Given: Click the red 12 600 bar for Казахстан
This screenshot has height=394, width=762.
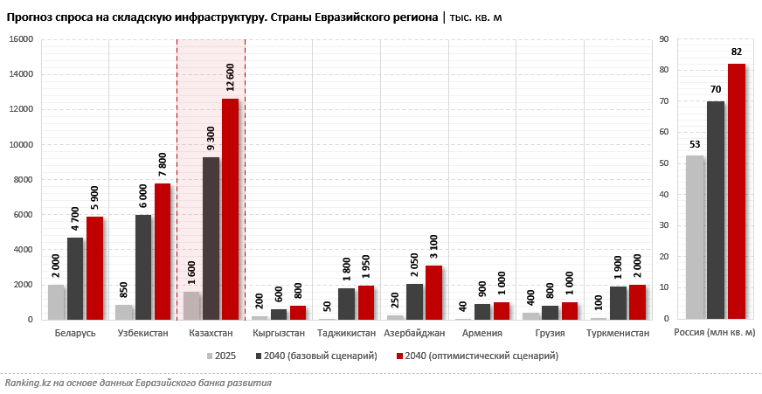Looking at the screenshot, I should coord(230,210).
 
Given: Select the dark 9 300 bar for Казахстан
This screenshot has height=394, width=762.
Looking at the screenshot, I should coord(211,238).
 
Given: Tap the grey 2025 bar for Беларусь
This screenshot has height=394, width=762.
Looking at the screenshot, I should coord(56,302).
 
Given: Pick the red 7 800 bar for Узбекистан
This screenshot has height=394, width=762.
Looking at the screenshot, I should coord(163,252).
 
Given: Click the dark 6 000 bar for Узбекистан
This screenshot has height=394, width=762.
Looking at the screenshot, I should coord(143,267).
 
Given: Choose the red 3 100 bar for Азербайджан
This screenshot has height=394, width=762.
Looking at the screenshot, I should coord(433,293).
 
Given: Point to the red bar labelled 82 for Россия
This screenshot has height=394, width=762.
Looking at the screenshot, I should coord(737,192).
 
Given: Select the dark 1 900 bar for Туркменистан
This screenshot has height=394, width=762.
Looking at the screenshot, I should coord(618,303).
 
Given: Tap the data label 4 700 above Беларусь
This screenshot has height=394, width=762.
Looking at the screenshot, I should coord(75,217).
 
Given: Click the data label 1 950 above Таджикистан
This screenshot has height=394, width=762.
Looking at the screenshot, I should coord(366,265).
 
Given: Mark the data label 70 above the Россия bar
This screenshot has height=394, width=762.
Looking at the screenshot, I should coord(715,89).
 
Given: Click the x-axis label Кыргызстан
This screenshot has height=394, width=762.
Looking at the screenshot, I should coord(278,334).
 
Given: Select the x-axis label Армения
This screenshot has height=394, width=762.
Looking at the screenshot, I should coord(481,334).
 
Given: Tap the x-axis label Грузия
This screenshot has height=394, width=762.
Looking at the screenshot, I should coord(550,334).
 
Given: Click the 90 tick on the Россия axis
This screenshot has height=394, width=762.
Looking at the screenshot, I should coord(663,39).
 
